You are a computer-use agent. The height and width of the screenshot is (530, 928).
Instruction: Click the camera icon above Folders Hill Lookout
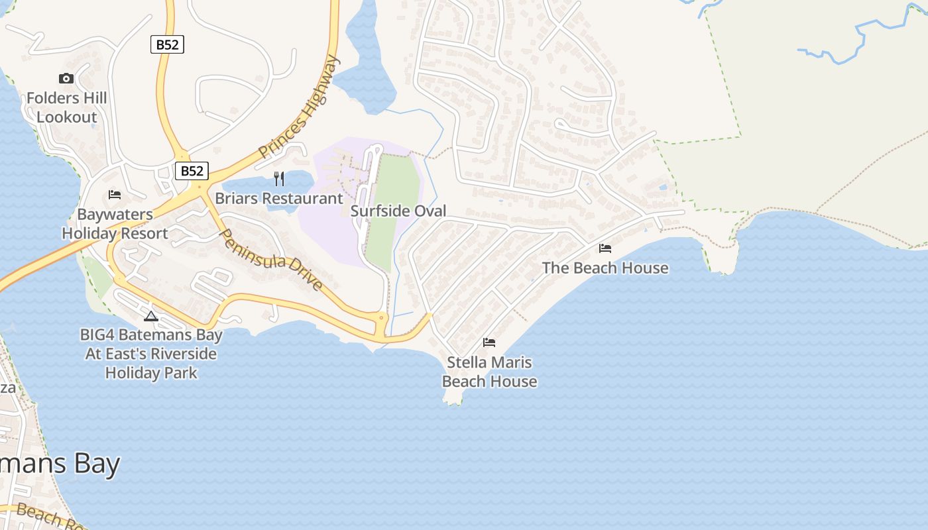(66, 79)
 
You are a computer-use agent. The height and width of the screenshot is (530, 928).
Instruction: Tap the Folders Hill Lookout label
(66, 108)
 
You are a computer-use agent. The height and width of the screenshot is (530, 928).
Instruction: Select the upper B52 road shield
(167, 44)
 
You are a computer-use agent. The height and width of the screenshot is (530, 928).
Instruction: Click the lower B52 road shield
(192, 171)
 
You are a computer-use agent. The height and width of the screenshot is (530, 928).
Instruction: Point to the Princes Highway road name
(300, 107)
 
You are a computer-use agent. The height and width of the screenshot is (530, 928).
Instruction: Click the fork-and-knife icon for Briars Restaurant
(279, 178)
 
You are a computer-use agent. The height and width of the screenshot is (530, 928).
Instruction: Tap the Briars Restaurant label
(279, 198)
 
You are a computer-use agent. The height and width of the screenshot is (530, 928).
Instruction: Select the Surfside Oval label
(398, 211)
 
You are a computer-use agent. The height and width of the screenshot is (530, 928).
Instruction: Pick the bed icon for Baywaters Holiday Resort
(115, 195)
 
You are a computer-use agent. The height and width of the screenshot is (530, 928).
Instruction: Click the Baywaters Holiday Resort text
(115, 224)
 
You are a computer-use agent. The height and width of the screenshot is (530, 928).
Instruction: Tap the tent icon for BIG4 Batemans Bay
(151, 316)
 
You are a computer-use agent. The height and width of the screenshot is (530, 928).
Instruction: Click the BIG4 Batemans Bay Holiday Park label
(151, 354)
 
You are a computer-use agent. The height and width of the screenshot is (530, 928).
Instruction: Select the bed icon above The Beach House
(605, 248)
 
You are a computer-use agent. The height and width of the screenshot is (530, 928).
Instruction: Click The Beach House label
(605, 268)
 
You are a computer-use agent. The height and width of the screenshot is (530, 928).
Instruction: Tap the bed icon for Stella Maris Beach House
(489, 343)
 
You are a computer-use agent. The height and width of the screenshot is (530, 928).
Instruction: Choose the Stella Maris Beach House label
(489, 372)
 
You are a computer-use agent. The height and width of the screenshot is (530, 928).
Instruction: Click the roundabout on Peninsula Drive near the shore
(381, 319)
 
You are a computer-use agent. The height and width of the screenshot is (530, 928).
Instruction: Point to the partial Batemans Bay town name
(60, 464)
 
